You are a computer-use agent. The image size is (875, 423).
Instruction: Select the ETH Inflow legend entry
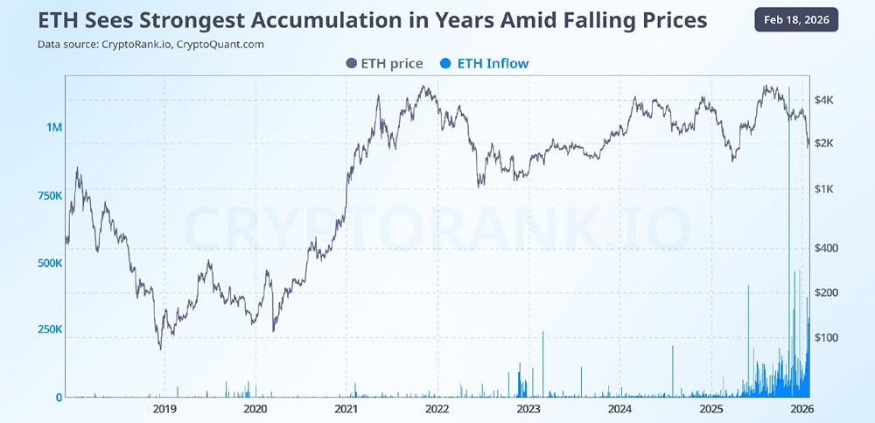pos(486,63)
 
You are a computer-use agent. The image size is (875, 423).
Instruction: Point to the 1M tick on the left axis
pos(54,128)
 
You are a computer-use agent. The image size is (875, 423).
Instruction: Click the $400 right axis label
pos(828,249)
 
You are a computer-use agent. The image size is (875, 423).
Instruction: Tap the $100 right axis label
pos(828,337)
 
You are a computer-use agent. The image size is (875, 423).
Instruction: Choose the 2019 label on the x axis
pos(164,409)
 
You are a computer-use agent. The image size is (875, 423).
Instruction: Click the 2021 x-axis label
pos(346,409)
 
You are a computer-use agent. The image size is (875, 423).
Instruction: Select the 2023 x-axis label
pos(528,409)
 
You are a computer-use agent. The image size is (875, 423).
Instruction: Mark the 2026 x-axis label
pos(801,409)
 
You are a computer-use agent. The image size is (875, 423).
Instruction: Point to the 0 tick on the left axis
pos(59,398)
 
